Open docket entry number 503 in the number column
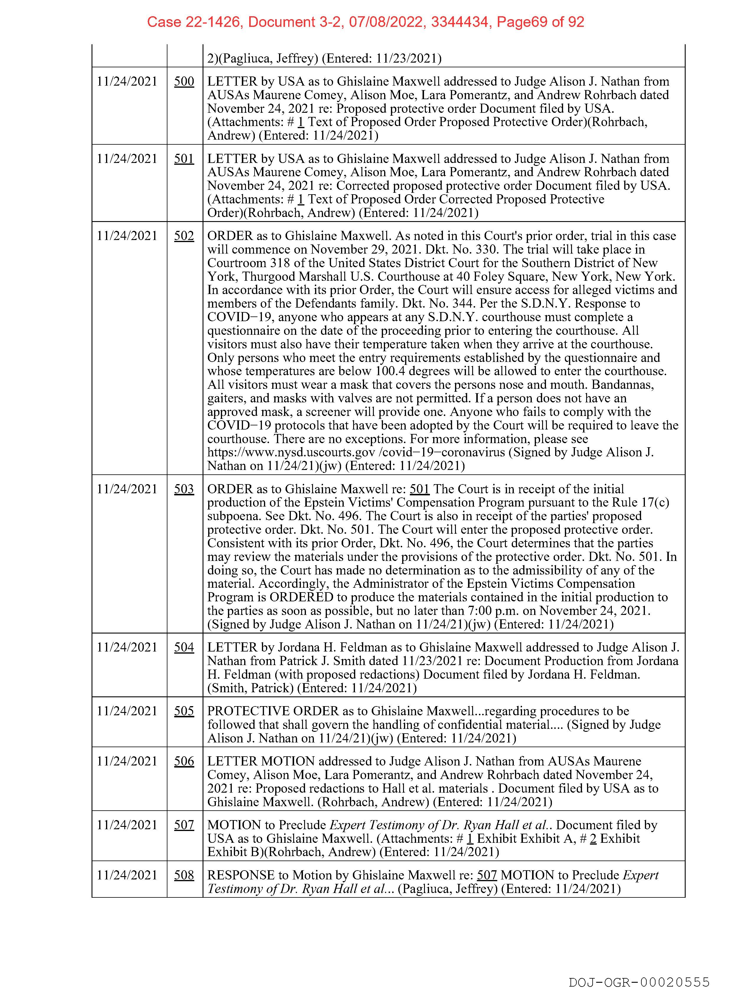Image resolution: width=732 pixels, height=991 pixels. [x=184, y=489]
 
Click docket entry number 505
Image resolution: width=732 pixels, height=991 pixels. [x=184, y=711]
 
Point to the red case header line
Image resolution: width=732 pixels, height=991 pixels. [x=366, y=22]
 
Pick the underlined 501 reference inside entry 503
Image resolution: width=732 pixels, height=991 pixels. [x=419, y=489]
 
